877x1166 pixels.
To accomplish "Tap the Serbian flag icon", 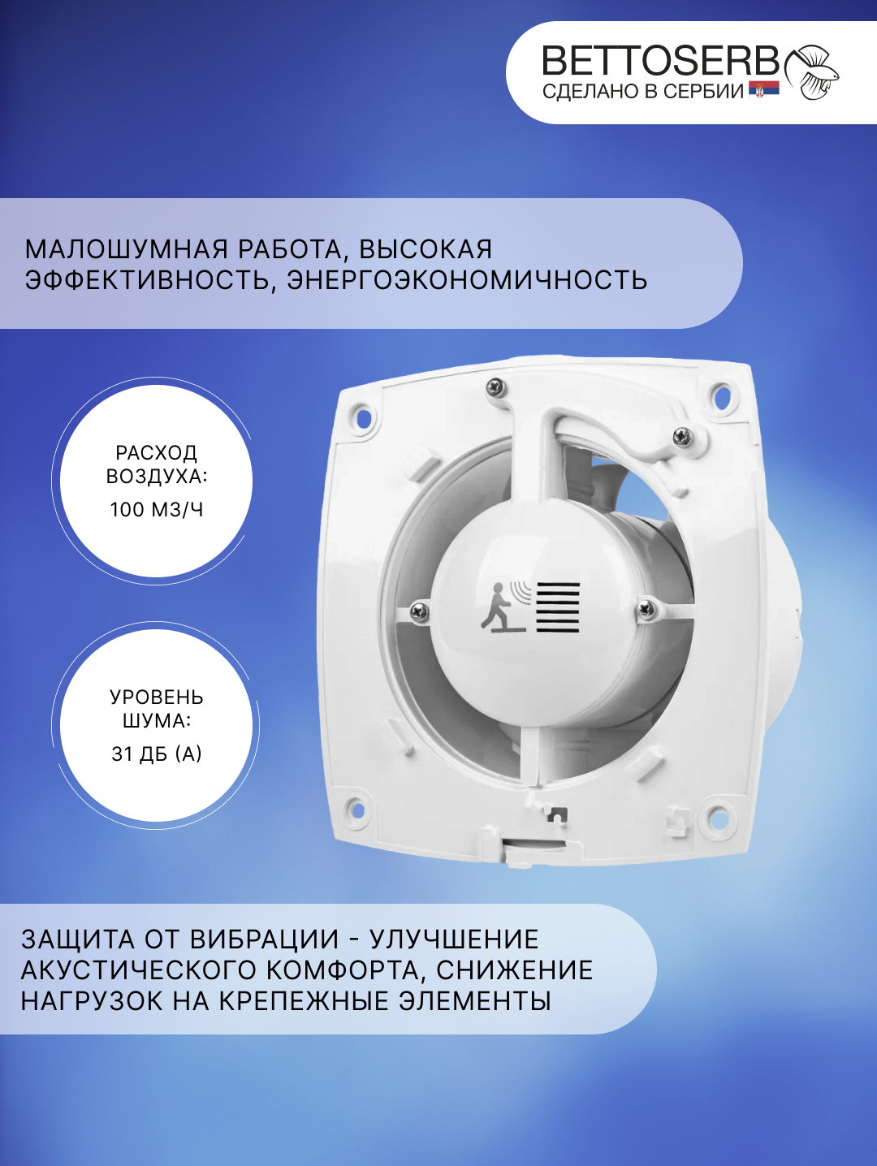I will tap(764, 90).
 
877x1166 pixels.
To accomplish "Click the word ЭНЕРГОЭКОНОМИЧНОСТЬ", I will tap(467, 280).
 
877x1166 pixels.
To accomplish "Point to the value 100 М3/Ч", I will tap(157, 510).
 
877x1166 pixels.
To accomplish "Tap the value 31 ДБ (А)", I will tap(157, 754).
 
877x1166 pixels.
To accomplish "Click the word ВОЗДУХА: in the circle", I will tap(157, 477).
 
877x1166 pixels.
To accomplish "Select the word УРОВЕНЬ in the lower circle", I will tap(157, 697).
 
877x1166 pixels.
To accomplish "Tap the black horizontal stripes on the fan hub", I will tap(558, 607).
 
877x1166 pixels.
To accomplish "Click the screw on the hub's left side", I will tap(420, 611).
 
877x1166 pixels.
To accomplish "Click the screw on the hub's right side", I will tap(647, 607).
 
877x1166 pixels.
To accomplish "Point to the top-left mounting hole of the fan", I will tap(363, 419).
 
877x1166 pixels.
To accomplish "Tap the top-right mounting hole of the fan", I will tap(719, 396).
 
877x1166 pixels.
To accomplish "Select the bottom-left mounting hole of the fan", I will tap(356, 809).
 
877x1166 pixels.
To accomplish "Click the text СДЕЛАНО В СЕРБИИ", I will tap(642, 92).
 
